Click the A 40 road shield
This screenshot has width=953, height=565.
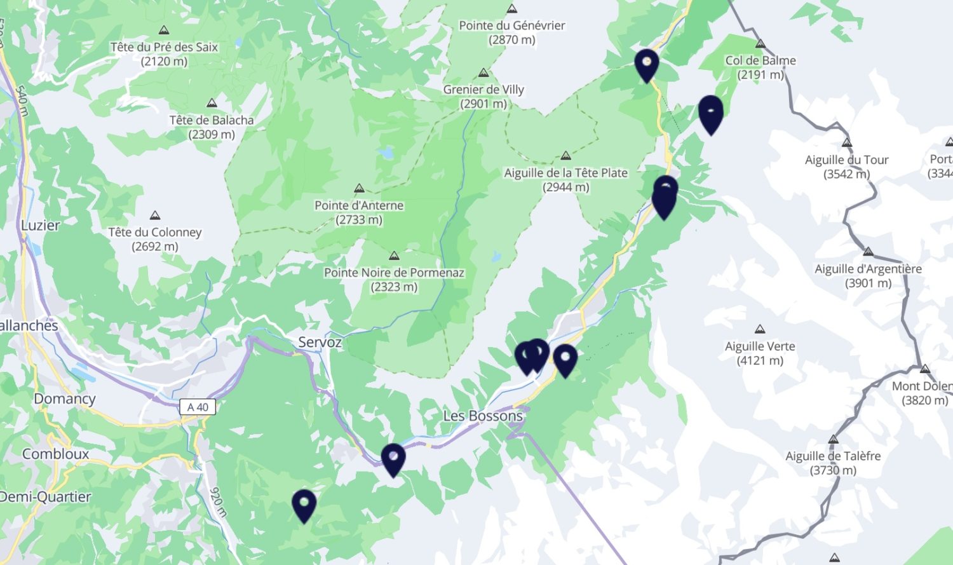click(x=198, y=407)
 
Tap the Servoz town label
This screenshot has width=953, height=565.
click(x=320, y=342)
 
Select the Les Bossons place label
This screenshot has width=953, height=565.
click(x=483, y=416)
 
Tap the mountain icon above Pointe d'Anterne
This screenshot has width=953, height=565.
click(x=359, y=189)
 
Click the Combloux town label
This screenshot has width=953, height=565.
click(x=56, y=454)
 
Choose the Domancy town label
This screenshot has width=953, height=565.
click(x=65, y=398)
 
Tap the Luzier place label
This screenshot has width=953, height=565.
click(x=41, y=225)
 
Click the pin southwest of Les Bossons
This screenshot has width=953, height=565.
click(x=393, y=458)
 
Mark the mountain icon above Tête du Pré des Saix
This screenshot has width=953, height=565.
click(x=164, y=30)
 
